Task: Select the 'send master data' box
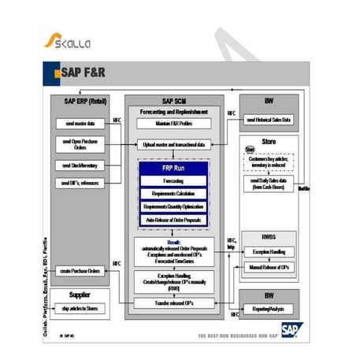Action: (80, 124)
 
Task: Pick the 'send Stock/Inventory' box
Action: (80, 165)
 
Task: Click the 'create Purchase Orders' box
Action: (80, 270)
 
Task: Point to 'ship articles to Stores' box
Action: (80, 308)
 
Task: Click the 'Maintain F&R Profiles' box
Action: (174, 124)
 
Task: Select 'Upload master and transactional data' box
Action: (174, 144)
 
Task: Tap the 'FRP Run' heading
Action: (174, 169)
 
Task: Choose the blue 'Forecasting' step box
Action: (174, 181)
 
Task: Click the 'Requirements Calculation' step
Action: (174, 194)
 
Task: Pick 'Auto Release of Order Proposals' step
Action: (174, 221)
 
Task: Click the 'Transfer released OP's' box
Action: (174, 303)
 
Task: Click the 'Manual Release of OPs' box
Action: (269, 268)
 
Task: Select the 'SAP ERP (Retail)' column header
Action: (80, 101)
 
